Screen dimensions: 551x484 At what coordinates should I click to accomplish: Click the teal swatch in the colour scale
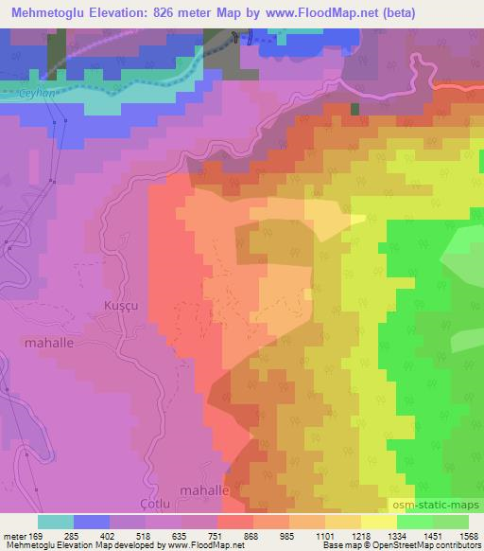(56, 521)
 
